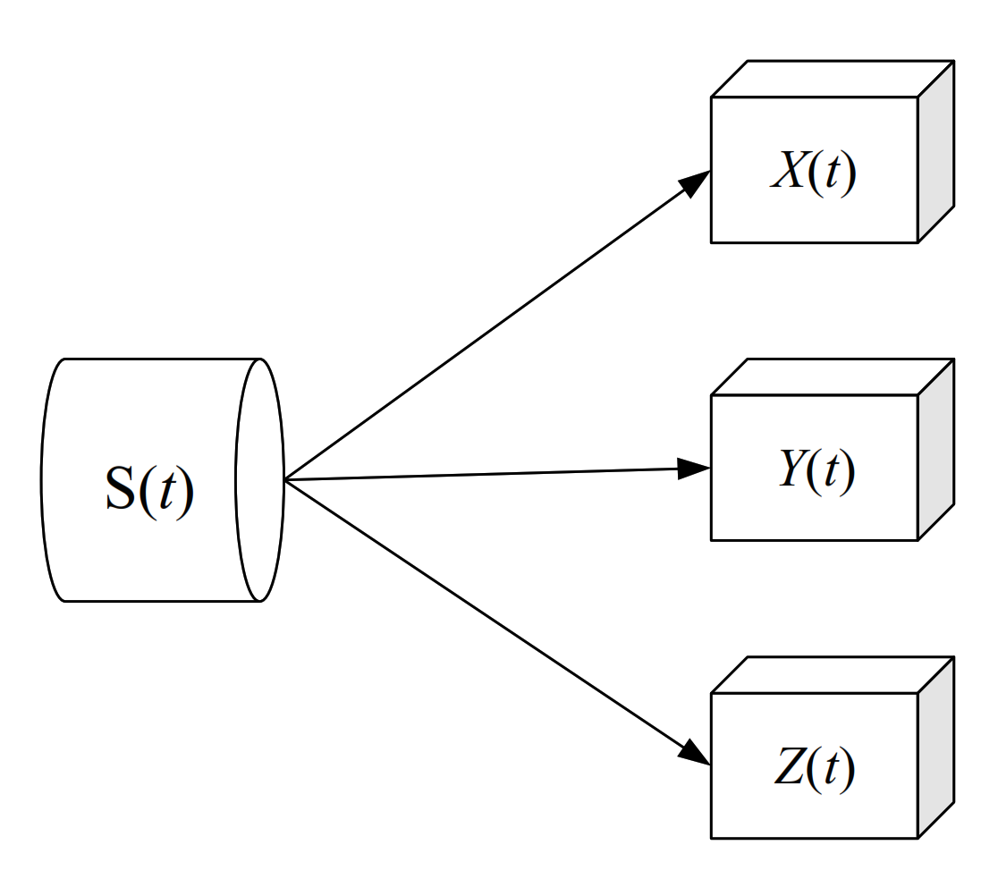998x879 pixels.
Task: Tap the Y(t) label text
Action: [x=816, y=470]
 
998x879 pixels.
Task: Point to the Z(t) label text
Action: [x=814, y=769]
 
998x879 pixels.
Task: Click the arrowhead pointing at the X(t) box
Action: [x=696, y=183]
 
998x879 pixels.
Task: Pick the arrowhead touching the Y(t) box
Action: [x=694, y=469]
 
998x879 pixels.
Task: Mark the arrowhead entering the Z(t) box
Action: [x=695, y=753]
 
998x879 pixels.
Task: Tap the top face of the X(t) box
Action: [x=832, y=79]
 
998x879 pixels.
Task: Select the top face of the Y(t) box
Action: [x=832, y=377]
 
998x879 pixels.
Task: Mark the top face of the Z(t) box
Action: [x=832, y=675]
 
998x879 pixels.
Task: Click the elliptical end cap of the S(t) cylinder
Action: [x=259, y=480]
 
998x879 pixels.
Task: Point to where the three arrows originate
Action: [x=285, y=480]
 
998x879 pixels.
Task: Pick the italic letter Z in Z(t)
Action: [x=788, y=769]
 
